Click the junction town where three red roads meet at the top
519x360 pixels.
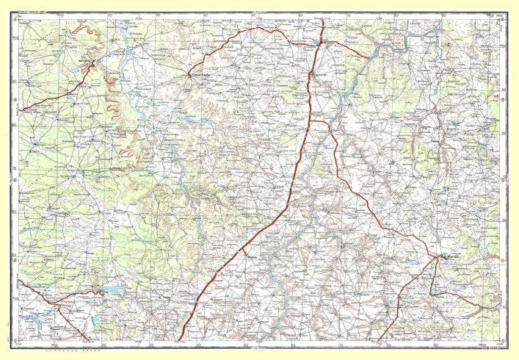[x=319, y=45]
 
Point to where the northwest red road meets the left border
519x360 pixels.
[x=20, y=110]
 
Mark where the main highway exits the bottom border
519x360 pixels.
[x=180, y=341]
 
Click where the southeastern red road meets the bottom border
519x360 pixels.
[x=380, y=341]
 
